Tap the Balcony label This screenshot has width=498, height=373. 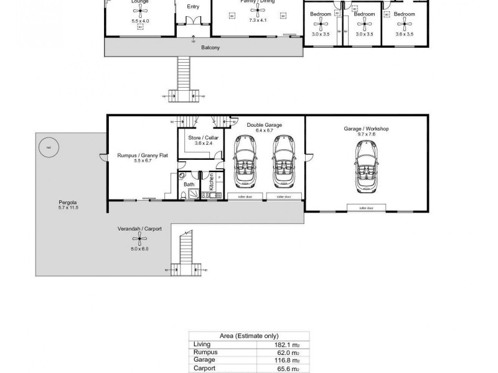click(x=211, y=47)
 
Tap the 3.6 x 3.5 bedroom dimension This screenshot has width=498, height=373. click(x=405, y=35)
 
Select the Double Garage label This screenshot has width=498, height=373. click(x=264, y=125)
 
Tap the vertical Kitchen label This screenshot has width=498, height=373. click(x=212, y=182)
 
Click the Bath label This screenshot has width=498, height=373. click(x=189, y=185)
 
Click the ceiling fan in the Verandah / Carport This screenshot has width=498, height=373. click(x=135, y=239)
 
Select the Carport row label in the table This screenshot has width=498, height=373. click(x=204, y=368)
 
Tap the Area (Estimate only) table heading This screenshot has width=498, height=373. click(x=248, y=336)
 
